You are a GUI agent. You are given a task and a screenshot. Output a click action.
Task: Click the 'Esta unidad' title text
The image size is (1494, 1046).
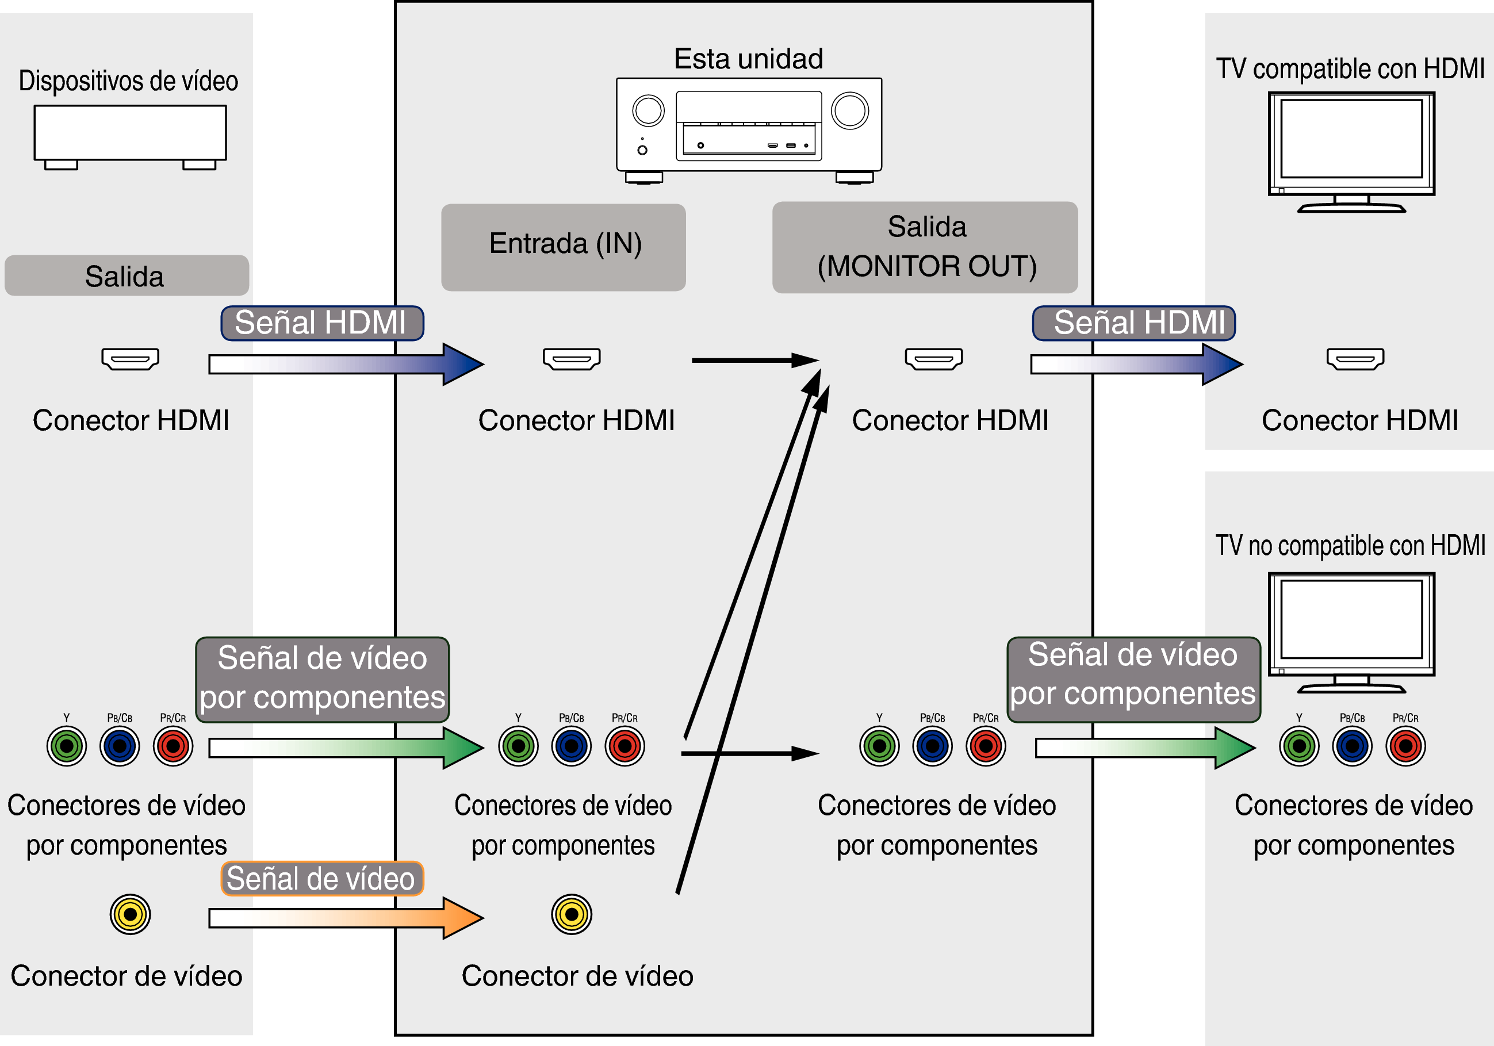(748, 59)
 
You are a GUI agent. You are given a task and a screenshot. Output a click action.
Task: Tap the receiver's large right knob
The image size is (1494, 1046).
(850, 110)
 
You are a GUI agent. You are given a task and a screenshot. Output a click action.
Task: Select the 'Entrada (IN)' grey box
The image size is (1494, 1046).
(564, 247)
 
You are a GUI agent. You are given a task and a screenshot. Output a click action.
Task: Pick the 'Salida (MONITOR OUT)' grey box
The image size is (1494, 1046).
(925, 247)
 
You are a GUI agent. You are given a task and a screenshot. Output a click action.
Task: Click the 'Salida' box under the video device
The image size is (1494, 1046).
(127, 276)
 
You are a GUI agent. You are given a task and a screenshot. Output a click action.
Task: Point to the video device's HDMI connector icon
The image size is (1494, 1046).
(130, 358)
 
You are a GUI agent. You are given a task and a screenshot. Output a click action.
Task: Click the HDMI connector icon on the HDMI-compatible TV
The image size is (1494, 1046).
(1355, 358)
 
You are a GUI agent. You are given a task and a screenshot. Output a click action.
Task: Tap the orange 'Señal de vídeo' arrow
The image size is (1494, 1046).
(345, 918)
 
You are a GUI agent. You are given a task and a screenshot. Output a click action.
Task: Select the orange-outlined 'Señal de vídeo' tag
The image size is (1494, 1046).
(322, 879)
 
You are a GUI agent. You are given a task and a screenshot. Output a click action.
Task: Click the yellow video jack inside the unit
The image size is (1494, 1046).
(571, 914)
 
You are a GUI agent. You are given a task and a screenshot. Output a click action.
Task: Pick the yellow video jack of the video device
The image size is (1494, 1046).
(130, 914)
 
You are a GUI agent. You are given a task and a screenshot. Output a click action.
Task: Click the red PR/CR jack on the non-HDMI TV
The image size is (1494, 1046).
(1405, 746)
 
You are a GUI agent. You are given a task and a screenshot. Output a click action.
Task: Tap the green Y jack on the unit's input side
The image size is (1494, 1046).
(518, 746)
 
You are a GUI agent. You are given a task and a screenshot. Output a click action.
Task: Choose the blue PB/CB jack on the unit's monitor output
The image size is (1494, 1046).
(932, 746)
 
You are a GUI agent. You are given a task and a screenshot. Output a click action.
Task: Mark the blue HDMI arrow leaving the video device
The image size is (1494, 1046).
(345, 364)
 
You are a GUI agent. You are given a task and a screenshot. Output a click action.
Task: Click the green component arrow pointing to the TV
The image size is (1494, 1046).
(1145, 748)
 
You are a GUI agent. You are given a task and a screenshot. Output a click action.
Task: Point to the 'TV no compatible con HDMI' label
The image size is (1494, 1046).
(1350, 545)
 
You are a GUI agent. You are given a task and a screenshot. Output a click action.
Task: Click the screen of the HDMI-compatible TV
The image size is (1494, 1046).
(1351, 138)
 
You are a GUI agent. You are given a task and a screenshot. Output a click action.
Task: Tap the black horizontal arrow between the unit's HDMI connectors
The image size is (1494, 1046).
(755, 361)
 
